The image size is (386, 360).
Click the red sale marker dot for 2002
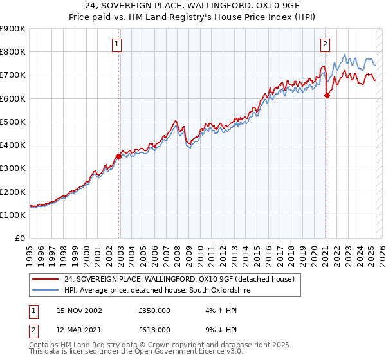pos(119,156)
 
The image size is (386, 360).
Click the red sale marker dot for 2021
pos(327,95)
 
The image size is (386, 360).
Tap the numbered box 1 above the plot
pos(116,44)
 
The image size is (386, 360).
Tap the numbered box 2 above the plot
pos(325,44)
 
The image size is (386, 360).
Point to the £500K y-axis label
pos(13,122)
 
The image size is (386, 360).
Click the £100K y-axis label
pos(13,215)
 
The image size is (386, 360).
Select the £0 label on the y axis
pos(21,238)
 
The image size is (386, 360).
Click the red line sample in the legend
pos(46,279)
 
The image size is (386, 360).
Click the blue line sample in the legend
pos(46,291)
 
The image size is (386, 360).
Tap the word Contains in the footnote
pos(46,345)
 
